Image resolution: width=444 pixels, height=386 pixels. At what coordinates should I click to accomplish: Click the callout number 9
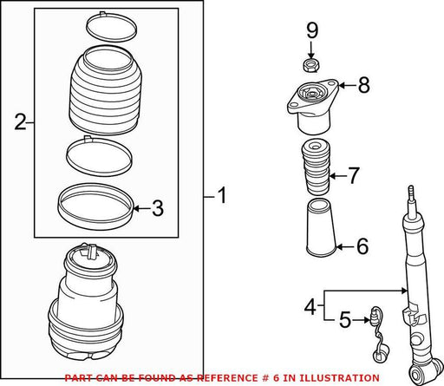312,31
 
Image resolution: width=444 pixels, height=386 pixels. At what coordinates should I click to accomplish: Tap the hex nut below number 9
311,65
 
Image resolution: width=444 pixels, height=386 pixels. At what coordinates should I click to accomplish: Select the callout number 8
363,85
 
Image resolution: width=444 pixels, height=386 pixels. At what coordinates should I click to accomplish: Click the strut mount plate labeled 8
313,106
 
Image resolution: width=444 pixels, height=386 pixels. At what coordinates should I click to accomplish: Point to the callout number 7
353,175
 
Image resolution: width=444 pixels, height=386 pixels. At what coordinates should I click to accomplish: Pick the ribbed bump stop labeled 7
316,167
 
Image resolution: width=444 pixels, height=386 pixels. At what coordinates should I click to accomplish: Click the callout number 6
362,246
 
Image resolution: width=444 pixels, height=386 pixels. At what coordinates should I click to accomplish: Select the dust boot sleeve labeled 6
321,227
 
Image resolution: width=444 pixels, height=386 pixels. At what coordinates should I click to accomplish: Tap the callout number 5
345,320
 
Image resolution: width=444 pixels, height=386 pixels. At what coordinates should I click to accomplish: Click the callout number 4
310,306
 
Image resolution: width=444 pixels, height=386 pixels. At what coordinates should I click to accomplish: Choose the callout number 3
158,208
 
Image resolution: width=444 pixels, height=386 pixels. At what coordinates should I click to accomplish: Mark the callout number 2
20,122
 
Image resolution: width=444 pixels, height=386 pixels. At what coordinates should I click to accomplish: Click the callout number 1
222,195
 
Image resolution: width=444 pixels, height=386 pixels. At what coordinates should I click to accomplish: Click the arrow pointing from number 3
141,208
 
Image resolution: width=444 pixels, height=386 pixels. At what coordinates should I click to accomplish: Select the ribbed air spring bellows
106,90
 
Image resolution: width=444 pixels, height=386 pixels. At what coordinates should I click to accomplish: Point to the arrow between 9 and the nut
310,50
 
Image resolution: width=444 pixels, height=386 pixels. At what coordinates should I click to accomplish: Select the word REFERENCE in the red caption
227,377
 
